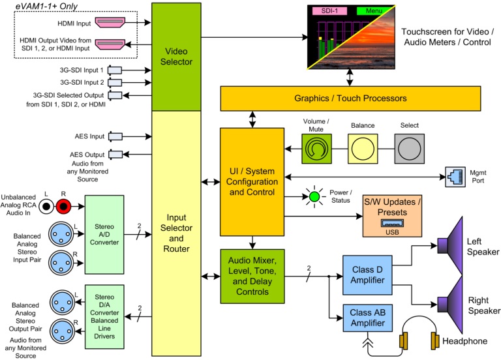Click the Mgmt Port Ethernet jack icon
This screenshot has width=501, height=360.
[453, 174]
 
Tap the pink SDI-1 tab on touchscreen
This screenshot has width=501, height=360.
[329, 11]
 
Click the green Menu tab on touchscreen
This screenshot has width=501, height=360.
[374, 11]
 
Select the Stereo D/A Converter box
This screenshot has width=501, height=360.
[104, 317]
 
